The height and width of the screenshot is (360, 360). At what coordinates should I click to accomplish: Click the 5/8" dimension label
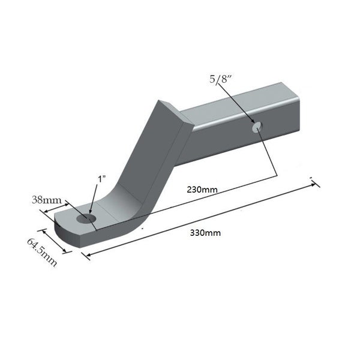click(x=220, y=79)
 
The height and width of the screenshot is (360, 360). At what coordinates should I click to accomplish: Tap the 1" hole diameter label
click(x=102, y=179)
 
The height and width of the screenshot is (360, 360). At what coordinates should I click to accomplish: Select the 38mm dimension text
click(x=47, y=200)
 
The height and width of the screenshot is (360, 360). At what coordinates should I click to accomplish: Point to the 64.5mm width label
click(x=42, y=252)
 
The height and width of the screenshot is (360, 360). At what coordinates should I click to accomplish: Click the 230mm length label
click(x=202, y=190)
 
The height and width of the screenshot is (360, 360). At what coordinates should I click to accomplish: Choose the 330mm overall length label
click(x=205, y=233)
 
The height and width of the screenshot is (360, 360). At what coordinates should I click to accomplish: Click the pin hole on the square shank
click(x=257, y=127)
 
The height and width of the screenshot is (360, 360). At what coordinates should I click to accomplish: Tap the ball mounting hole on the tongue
click(x=86, y=218)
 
